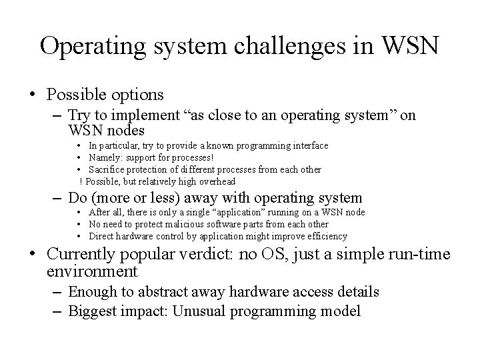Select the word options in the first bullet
click(x=139, y=95)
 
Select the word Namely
click(x=104, y=157)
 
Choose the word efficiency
click(x=327, y=236)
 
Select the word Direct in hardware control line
click(x=101, y=236)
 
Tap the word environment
click(x=93, y=271)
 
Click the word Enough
click(x=89, y=291)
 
